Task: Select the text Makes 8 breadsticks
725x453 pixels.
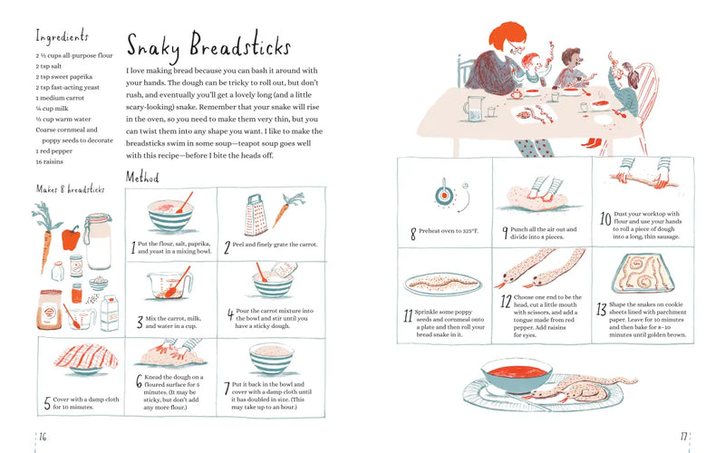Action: (70, 189)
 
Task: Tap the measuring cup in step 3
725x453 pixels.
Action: (166, 284)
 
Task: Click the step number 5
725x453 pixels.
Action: (47, 402)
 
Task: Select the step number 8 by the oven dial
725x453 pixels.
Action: (413, 234)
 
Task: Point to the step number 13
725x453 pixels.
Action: (602, 309)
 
